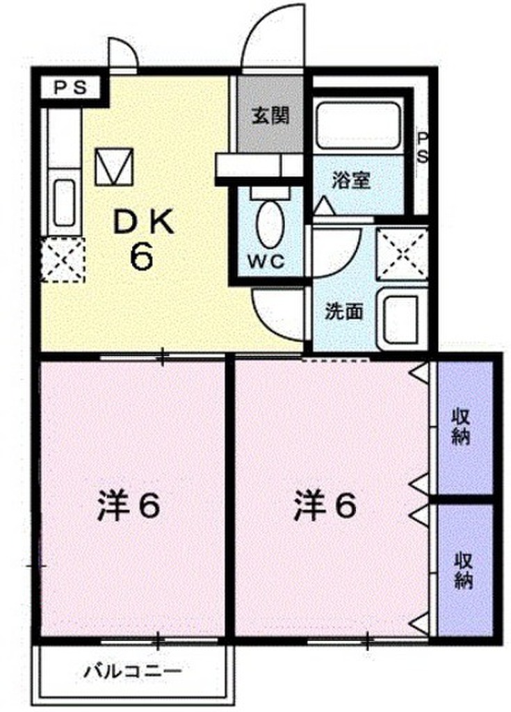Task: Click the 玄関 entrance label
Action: [x=270, y=115]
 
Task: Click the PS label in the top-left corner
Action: [x=70, y=88]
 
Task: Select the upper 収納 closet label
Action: [x=464, y=428]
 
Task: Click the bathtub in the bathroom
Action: [x=357, y=126]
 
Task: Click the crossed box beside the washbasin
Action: [x=402, y=252]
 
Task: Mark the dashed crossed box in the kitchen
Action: [x=62, y=259]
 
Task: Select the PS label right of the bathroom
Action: [x=421, y=148]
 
